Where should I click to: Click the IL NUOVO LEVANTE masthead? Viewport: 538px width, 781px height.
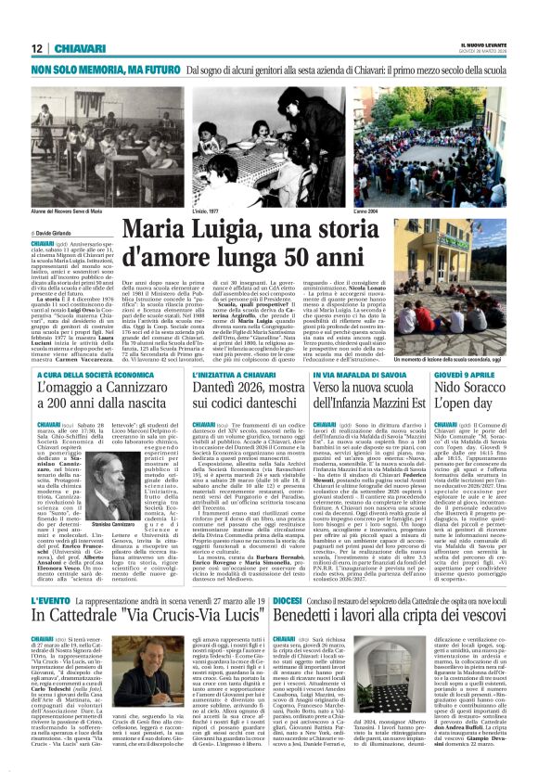[x=482, y=44]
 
